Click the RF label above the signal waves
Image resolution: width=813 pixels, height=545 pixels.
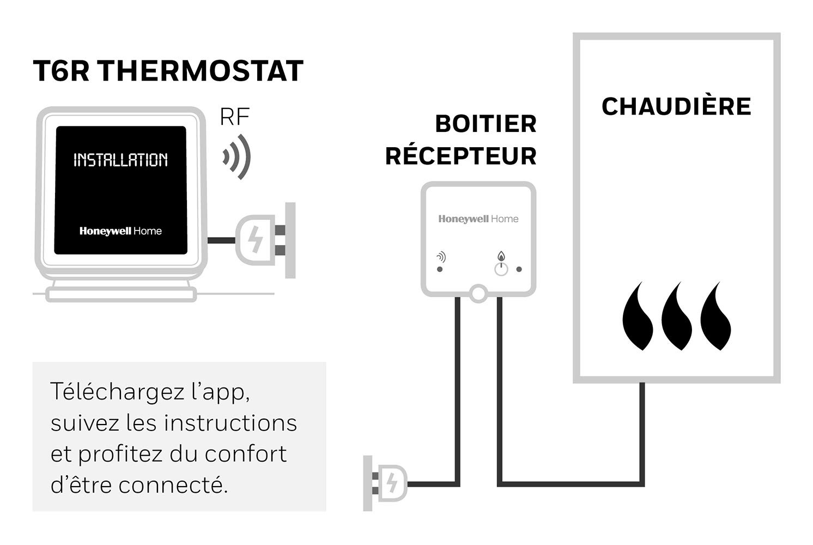tap(235, 117)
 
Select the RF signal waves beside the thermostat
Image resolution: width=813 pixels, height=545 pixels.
tap(236, 157)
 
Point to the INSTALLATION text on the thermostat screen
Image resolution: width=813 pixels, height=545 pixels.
tap(120, 160)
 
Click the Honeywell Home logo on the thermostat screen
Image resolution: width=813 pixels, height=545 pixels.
tap(120, 231)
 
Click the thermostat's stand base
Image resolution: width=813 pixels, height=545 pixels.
tap(121, 294)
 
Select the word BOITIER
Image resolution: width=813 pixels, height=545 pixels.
tap(486, 124)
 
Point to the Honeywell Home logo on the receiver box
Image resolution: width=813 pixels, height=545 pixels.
tap(478, 219)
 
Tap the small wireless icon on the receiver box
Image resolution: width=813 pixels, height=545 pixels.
tap(441, 257)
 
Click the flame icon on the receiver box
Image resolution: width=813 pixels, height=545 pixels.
tap(501, 256)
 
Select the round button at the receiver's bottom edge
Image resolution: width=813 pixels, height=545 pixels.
tap(478, 293)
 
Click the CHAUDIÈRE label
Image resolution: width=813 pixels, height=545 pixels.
tap(676, 106)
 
